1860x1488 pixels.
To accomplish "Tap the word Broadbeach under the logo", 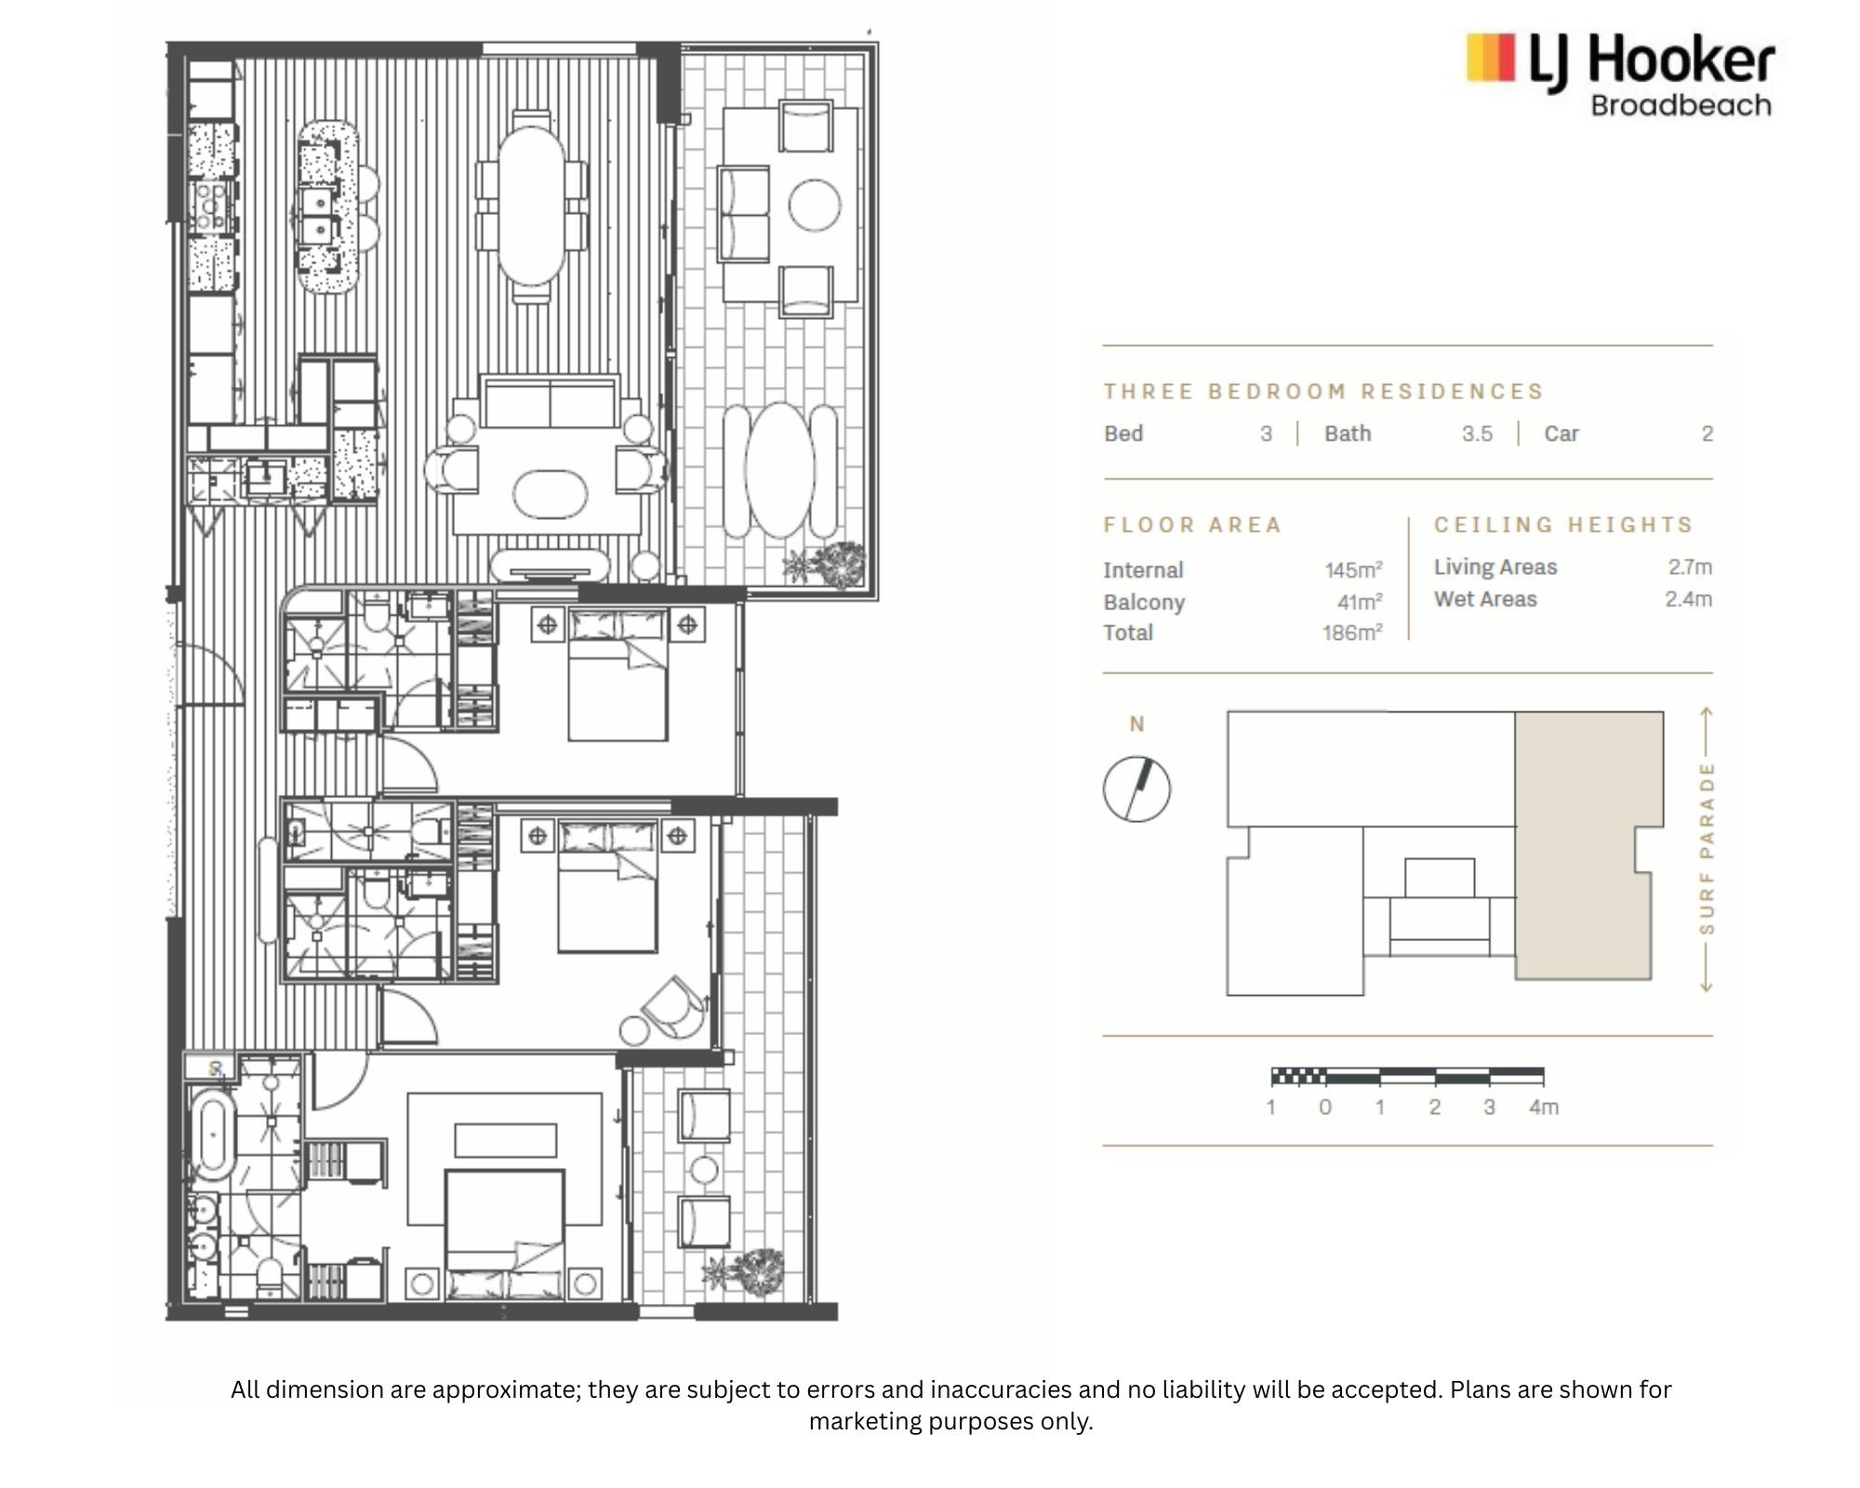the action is [1681, 105].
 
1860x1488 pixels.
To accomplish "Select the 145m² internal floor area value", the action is [1353, 569].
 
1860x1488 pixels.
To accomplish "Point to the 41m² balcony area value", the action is [1360, 602].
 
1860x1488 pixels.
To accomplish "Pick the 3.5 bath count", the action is [1477, 433].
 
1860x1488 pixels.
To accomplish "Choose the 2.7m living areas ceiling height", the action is [1690, 566].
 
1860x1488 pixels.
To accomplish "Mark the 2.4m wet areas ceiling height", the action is [1689, 599].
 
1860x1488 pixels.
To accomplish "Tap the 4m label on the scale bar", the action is [1544, 1107].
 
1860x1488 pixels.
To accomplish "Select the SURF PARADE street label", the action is [1706, 848].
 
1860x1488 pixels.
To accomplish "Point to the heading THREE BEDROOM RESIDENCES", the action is [1323, 392].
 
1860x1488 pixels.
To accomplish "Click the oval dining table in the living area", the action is [531, 205].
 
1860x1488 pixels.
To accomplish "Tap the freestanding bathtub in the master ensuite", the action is [213, 1140].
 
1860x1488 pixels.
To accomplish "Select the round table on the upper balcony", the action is [815, 205].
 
